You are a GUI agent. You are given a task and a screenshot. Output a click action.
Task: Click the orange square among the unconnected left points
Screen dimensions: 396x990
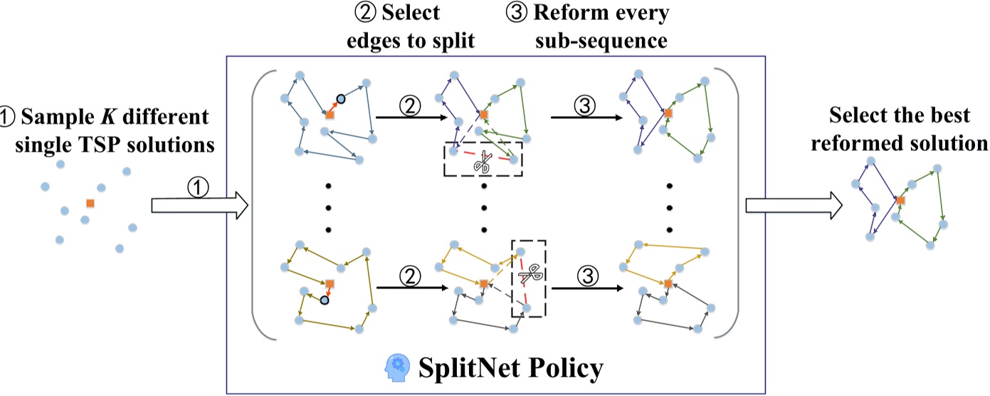[x=90, y=203]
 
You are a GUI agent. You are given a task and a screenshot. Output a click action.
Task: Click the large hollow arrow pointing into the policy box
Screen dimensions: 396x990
[x=199, y=207]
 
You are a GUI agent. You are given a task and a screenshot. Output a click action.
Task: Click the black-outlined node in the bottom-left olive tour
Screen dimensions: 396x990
[x=325, y=300]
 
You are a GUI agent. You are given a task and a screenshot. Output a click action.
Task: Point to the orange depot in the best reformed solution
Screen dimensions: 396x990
[x=900, y=201]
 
